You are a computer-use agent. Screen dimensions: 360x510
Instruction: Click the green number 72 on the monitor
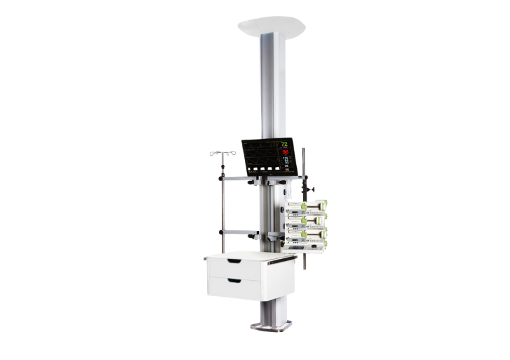click(x=284, y=144)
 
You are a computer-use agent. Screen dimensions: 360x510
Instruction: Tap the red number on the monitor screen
click(x=285, y=152)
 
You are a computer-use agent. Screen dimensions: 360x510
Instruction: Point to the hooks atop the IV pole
click(x=222, y=153)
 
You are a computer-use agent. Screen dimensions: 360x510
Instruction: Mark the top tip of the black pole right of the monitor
click(x=304, y=149)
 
